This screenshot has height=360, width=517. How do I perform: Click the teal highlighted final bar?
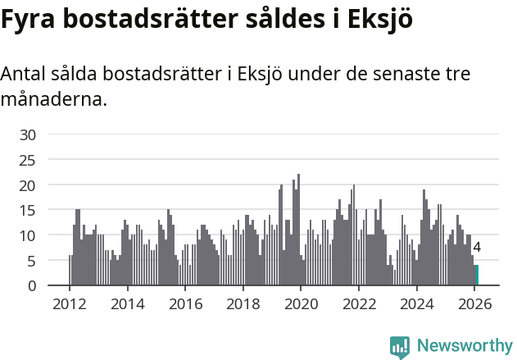pos(477,276)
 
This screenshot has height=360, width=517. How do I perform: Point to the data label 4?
pos(477,247)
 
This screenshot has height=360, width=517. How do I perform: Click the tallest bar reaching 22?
pos(299,230)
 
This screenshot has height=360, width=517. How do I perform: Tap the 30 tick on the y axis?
pos(28,134)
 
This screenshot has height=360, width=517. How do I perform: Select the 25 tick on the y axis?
pos(28,160)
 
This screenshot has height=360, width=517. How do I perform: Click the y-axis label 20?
pos(28,185)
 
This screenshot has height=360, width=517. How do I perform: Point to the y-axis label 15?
pos(28,211)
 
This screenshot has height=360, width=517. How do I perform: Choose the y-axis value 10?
pos(28,236)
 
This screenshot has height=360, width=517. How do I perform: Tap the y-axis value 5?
pos(32,262)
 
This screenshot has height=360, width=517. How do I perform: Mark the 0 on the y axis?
pos(32,286)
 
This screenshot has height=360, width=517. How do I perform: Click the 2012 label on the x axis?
pos(69,303)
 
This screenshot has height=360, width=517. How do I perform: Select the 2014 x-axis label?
pos(127,303)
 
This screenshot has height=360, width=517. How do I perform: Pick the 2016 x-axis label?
pos(185,303)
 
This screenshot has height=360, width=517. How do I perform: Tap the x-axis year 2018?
pos(243,303)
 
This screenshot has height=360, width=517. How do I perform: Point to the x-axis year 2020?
pos(301,303)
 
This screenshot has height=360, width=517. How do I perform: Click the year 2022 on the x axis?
pos(359,303)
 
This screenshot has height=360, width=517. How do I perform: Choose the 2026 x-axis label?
pos(474,303)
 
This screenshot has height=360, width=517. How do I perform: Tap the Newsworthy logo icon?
pos(400,347)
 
